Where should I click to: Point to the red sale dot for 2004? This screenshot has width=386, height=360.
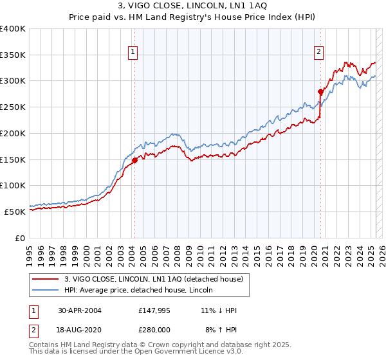pyautogui.click(x=134, y=161)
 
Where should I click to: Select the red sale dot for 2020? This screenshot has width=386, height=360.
pyautogui.click(x=320, y=92)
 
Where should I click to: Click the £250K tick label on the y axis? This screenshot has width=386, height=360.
pyautogui.click(x=13, y=107)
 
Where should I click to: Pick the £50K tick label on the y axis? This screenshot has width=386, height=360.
pyautogui.click(x=15, y=212)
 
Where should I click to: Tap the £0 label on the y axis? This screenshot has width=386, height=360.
pyautogui.click(x=21, y=238)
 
